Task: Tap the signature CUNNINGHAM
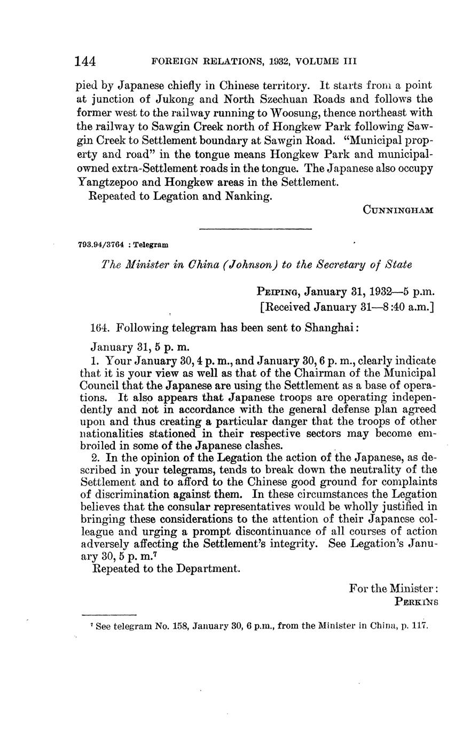(x=398, y=210)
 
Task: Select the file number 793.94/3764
(x=101, y=245)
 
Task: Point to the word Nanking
(x=250, y=196)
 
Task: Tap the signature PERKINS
(x=417, y=601)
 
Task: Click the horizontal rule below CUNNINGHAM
(x=255, y=229)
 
